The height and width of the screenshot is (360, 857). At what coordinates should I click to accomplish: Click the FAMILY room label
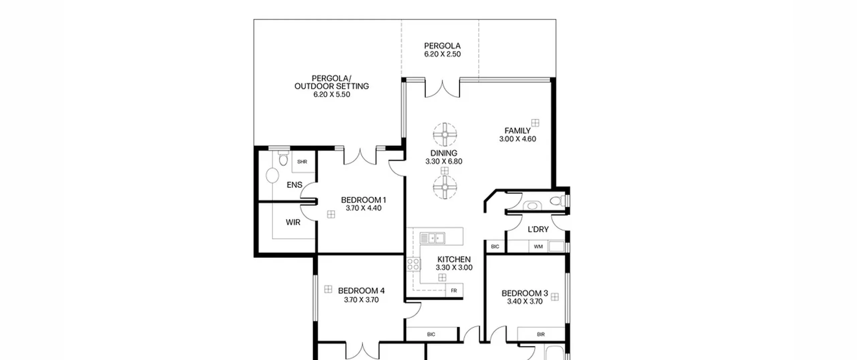(517, 131)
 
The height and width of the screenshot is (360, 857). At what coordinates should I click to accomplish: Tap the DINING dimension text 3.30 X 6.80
(444, 161)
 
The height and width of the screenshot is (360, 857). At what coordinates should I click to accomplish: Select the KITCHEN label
(454, 259)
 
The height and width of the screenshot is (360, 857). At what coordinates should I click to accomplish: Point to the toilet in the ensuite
(283, 158)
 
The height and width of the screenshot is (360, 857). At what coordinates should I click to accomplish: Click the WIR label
(293, 222)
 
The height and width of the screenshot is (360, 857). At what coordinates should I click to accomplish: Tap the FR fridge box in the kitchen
(454, 290)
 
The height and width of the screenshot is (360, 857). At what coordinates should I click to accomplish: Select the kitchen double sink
(432, 238)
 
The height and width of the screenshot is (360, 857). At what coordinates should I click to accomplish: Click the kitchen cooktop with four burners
(414, 264)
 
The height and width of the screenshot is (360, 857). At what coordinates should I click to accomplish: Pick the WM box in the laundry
(538, 246)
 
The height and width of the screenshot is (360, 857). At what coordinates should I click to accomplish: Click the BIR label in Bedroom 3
(541, 334)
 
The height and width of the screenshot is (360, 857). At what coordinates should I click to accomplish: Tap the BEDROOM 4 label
(361, 291)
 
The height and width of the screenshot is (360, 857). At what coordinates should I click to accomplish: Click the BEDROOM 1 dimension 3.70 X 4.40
(364, 208)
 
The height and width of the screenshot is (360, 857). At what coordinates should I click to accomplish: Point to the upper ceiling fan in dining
(445, 135)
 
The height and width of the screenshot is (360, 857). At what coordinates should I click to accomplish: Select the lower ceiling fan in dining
(445, 187)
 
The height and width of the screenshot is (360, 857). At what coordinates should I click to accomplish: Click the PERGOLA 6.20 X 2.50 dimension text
(443, 54)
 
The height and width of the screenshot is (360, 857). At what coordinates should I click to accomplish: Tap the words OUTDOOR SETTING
(331, 86)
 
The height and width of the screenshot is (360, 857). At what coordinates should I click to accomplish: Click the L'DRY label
(538, 229)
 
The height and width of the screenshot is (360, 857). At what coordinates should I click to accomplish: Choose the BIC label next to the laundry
(495, 246)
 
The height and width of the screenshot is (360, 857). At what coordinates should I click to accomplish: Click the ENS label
(295, 185)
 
